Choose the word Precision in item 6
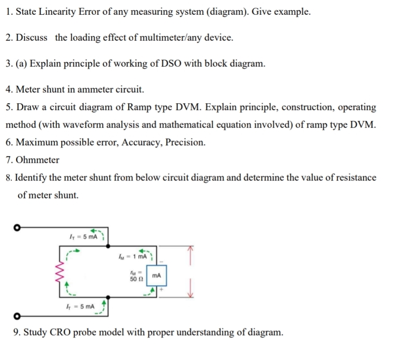185,142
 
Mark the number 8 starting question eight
8,177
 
